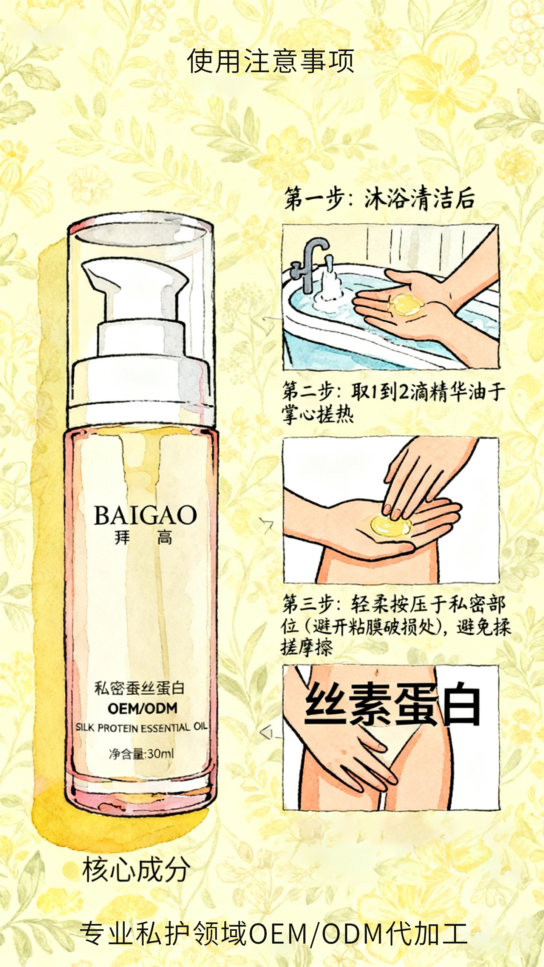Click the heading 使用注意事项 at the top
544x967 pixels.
click(x=270, y=61)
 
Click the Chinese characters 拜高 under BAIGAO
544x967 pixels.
click(x=143, y=538)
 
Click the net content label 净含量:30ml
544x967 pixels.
click(x=141, y=754)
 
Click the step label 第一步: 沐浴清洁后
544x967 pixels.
click(x=379, y=199)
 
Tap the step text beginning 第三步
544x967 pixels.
click(x=395, y=625)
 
